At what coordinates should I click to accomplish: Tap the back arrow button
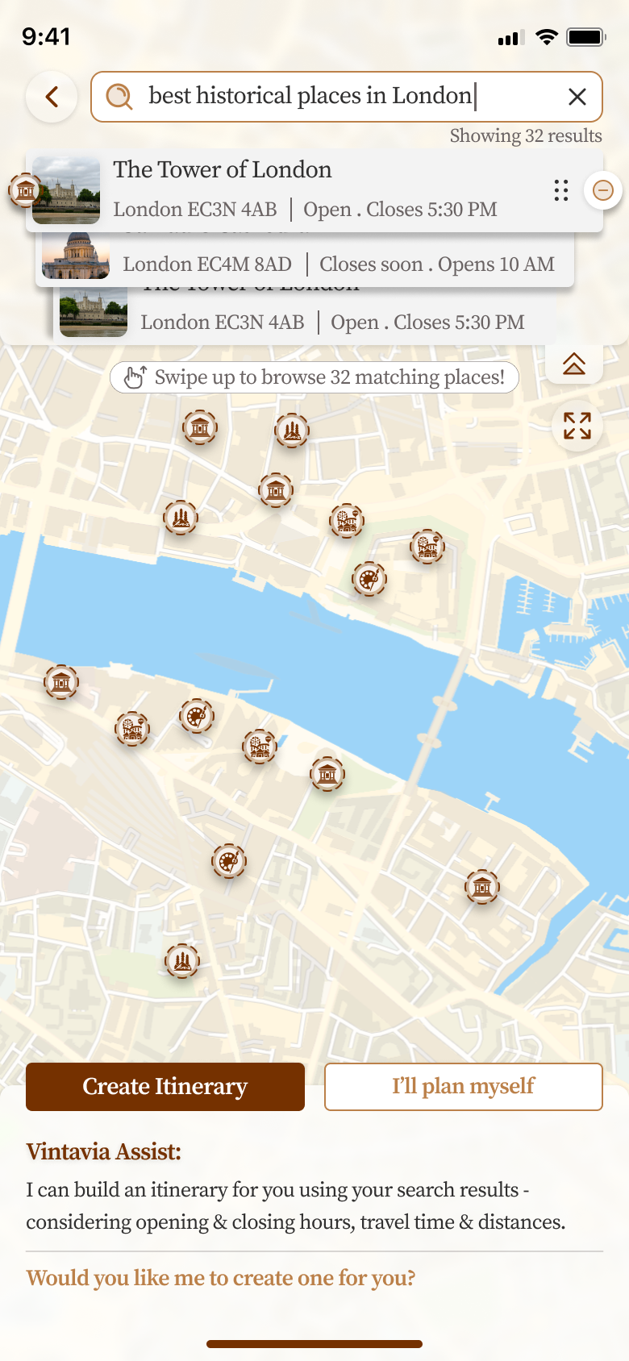pyautogui.click(x=52, y=98)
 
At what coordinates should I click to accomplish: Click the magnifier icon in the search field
pyautogui.click(x=119, y=97)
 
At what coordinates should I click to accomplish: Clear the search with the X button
pyautogui.click(x=577, y=97)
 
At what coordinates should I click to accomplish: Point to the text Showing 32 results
pyautogui.click(x=525, y=135)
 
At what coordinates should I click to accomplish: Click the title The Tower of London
pyautogui.click(x=222, y=169)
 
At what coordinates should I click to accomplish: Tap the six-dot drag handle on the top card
pyautogui.click(x=561, y=190)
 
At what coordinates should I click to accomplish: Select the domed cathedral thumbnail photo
pyautogui.click(x=76, y=256)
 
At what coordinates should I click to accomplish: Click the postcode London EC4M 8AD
pyautogui.click(x=207, y=264)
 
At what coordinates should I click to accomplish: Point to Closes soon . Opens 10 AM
pyautogui.click(x=437, y=264)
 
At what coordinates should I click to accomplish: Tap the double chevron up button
pyautogui.click(x=574, y=364)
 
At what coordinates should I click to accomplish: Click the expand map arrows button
pyautogui.click(x=577, y=425)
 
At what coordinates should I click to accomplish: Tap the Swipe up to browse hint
pyautogui.click(x=314, y=377)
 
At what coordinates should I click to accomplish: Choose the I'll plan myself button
pyautogui.click(x=463, y=1086)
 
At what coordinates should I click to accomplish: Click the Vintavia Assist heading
pyautogui.click(x=103, y=1151)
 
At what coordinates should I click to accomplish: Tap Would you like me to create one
pyautogui.click(x=220, y=1278)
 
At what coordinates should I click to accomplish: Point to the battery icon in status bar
pyautogui.click(x=585, y=37)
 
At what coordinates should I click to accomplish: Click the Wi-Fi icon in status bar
pyautogui.click(x=547, y=37)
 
